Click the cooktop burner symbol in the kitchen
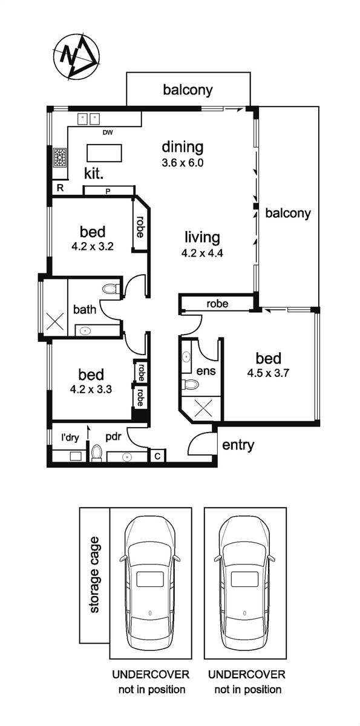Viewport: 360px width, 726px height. [61, 158]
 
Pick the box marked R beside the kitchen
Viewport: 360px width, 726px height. [60, 188]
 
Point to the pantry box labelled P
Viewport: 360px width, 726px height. [108, 191]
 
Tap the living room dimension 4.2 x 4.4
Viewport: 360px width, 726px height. [203, 253]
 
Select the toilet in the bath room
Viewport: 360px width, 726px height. [112, 289]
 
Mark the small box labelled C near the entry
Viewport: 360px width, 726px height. [157, 456]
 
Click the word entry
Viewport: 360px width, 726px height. [238, 446]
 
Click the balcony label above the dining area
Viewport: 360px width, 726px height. [188, 90]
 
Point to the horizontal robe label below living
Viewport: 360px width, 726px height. [217, 304]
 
